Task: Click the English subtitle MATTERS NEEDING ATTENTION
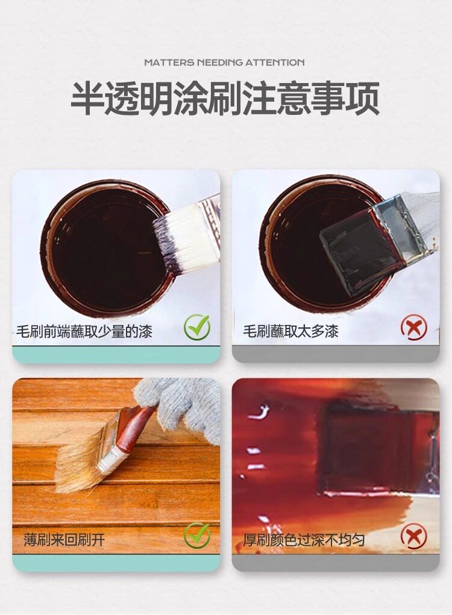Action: coord(224,63)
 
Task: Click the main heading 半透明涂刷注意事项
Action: coord(225,99)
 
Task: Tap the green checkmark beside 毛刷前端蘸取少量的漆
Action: coord(196,327)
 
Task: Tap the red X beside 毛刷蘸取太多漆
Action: coord(414,329)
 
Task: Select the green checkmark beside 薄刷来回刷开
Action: coord(196,535)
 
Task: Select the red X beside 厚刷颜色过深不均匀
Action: coord(414,537)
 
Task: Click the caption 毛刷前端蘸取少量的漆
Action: coord(84,332)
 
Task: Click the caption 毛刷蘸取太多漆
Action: coord(290,332)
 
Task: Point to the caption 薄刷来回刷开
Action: coord(64,540)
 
